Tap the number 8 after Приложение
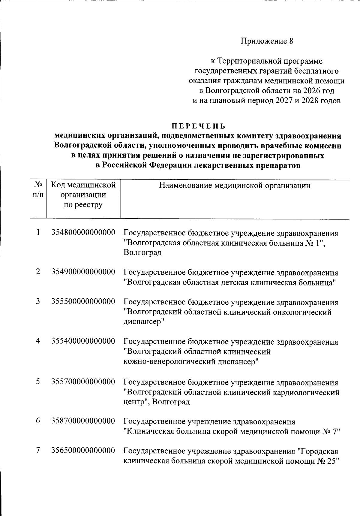[291, 41]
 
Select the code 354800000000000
[83, 233]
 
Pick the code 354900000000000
[83, 272]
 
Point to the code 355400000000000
[83, 341]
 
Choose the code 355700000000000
[83, 382]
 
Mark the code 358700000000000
[83, 421]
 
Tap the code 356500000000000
[83, 451]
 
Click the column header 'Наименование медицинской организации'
[235, 186]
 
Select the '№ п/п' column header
[38, 190]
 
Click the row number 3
[38, 301]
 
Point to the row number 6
[38, 421]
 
